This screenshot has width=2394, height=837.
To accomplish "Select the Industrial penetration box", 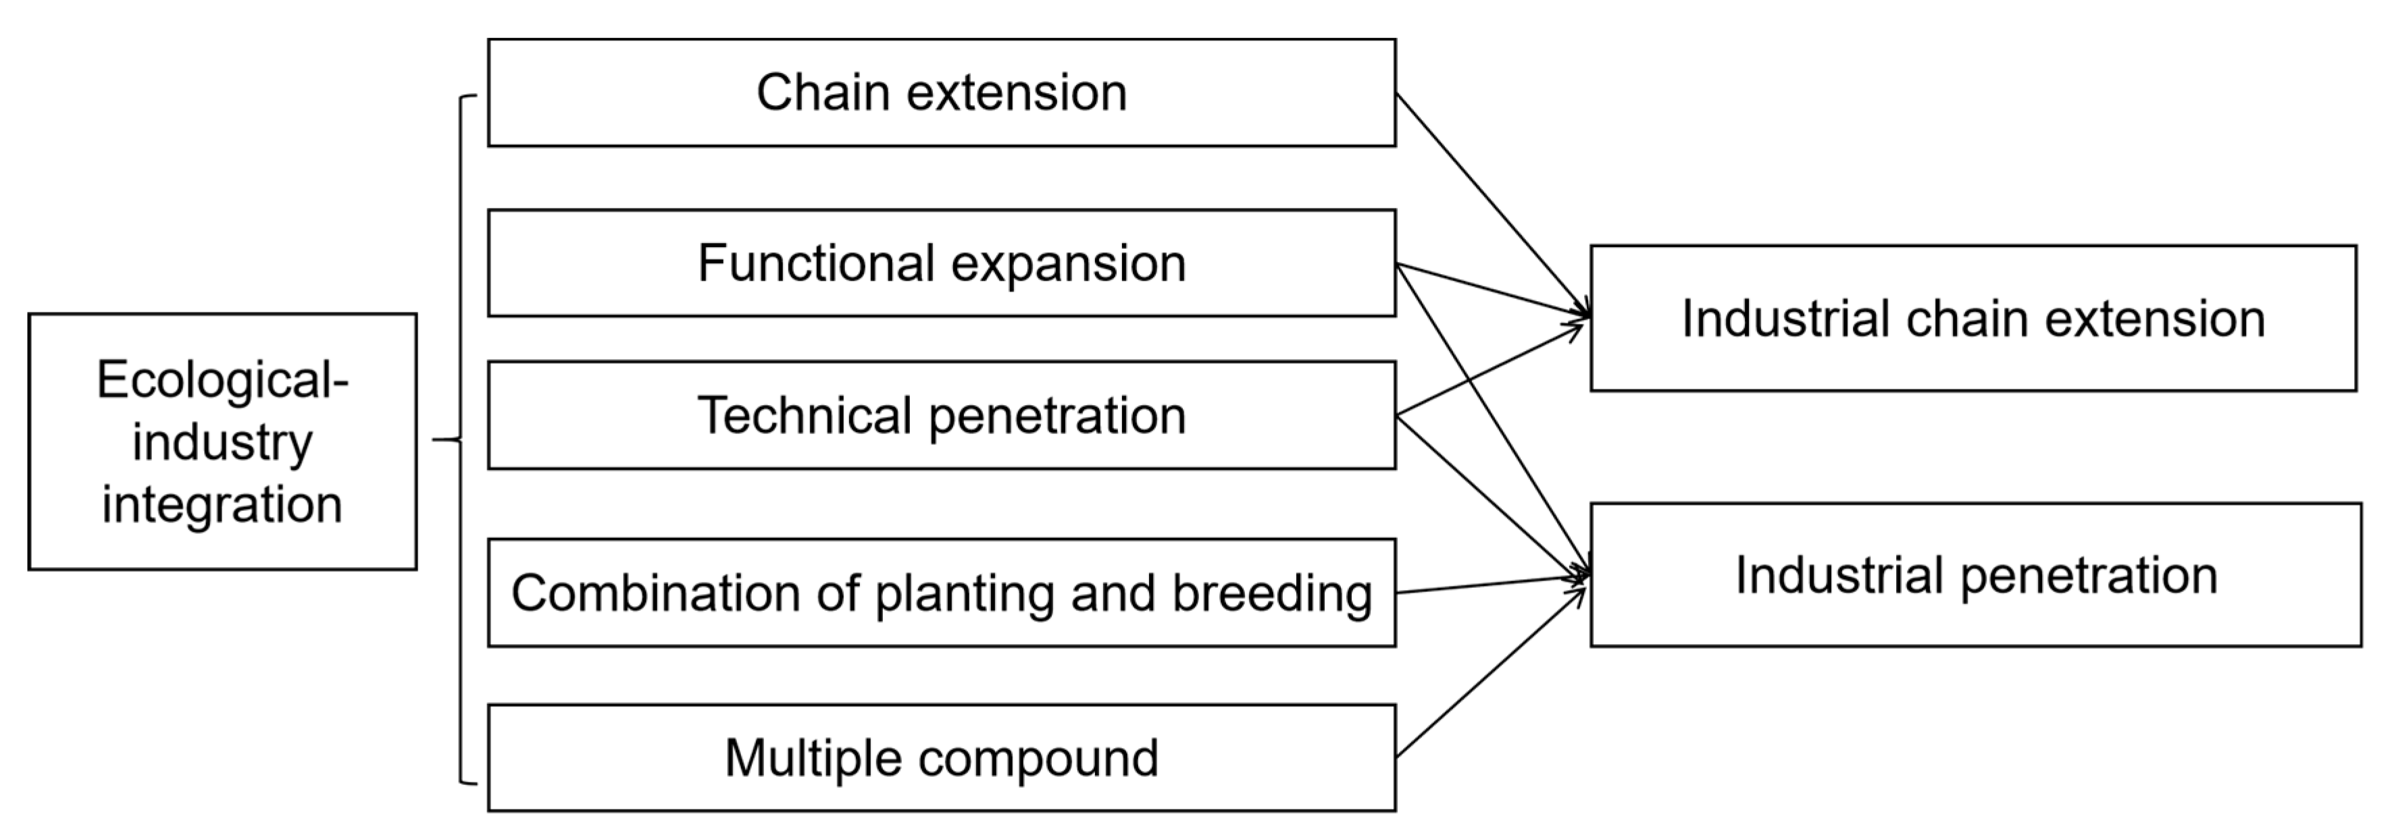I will click(1975, 575).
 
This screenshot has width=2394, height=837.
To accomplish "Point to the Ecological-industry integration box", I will click(222, 441).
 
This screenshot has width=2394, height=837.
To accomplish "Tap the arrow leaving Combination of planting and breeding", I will click(1487, 585).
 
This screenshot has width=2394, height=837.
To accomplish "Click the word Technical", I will click(803, 415).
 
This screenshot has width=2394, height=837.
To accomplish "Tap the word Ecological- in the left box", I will click(222, 380).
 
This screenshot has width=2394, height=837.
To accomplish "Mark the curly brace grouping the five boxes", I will click(461, 439).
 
